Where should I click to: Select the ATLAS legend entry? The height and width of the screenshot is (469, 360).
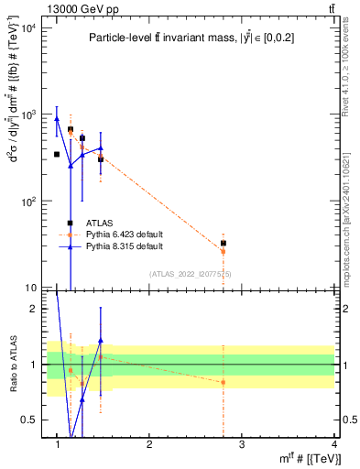(101, 223)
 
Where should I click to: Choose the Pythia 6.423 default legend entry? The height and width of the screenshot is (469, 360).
(125, 234)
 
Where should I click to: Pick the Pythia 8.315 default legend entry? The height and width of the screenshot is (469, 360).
(125, 246)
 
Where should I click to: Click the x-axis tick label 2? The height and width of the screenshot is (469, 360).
(149, 444)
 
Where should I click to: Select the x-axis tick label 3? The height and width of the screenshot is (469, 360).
(242, 444)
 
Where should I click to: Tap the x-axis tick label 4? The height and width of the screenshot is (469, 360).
(333, 444)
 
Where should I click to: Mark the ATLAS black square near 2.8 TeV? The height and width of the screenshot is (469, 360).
(223, 243)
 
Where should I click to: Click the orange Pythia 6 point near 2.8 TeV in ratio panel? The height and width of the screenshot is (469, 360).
(223, 382)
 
